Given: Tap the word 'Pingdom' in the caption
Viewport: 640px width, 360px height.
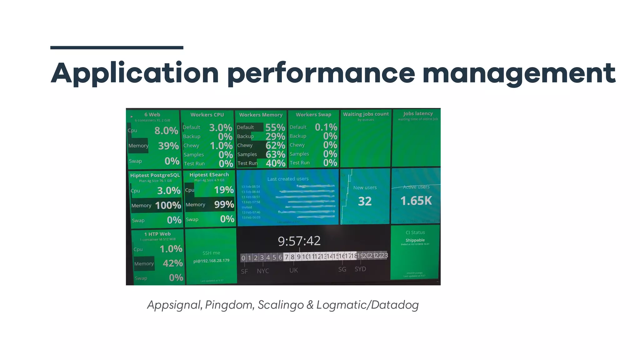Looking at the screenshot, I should point(229,305).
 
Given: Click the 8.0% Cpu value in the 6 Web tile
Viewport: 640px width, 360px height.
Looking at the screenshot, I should point(166,131).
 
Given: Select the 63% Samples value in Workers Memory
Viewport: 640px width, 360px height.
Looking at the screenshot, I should point(275,154).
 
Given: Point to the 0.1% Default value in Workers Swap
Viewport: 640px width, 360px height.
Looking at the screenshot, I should point(326,127).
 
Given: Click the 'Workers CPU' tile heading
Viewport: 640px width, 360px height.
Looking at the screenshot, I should point(207,115).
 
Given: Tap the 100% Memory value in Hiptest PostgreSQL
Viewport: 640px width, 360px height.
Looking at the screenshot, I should point(168,205).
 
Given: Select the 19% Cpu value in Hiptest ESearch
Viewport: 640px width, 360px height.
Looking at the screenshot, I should point(224,190).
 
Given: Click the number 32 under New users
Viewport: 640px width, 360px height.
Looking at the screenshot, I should point(365,201).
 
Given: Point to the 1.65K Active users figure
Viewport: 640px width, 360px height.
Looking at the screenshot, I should point(416,201).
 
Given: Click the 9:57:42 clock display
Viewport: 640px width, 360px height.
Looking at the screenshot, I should point(299,241).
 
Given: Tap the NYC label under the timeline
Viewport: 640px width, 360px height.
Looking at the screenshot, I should point(263,271).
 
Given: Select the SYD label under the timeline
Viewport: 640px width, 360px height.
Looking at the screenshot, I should point(360,269).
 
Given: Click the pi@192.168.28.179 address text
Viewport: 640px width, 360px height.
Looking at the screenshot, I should point(211,261).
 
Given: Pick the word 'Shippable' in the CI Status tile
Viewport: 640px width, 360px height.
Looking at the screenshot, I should point(415,240).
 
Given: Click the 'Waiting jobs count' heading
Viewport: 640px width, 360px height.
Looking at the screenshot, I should point(366,114).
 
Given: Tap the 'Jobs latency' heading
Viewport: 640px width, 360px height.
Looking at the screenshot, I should point(418,113).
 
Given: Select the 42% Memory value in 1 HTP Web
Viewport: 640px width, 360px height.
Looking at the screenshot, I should point(172,263).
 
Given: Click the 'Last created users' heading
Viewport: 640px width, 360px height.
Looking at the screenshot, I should point(288,179).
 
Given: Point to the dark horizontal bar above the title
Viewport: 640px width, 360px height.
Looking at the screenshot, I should point(117,48).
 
